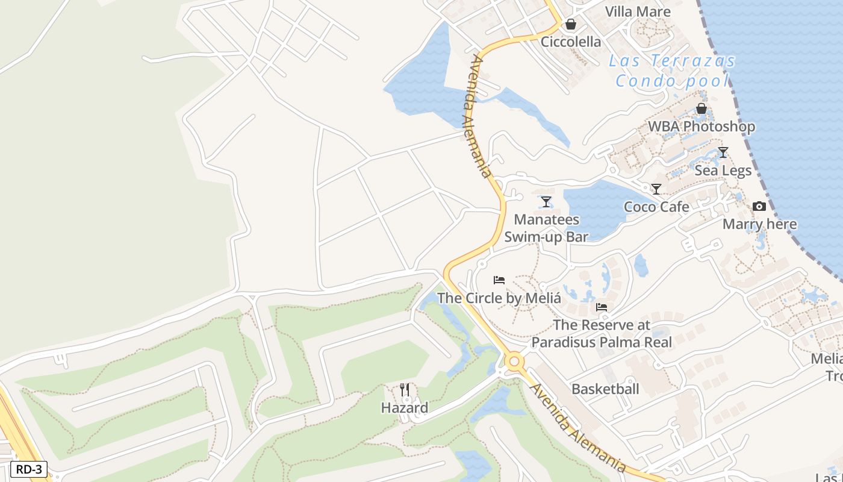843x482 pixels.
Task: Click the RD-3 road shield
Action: point(29,469)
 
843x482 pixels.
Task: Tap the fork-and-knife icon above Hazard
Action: point(405,390)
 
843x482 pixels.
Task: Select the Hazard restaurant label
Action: point(405,408)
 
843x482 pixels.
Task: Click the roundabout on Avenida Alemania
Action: point(514,361)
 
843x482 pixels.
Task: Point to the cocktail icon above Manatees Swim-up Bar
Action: point(546,201)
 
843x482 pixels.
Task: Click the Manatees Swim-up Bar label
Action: point(546,228)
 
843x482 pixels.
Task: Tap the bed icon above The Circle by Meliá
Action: point(499,280)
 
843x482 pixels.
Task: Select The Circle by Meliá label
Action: point(499,298)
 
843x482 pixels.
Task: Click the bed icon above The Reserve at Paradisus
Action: point(602,307)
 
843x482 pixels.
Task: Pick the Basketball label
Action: point(605,389)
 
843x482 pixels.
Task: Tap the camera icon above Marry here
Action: point(759,207)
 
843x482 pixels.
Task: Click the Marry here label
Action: point(759,225)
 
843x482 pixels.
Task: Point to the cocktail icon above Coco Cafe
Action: point(656,189)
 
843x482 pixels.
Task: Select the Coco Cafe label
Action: point(656,207)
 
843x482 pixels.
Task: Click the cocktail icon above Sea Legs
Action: point(723,152)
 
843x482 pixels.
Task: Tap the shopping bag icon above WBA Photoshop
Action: point(701,108)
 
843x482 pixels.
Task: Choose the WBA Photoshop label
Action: point(701,127)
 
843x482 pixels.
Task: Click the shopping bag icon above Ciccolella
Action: point(570,25)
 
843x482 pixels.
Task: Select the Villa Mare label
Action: point(638,11)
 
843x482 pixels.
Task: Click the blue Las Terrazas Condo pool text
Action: point(672,70)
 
